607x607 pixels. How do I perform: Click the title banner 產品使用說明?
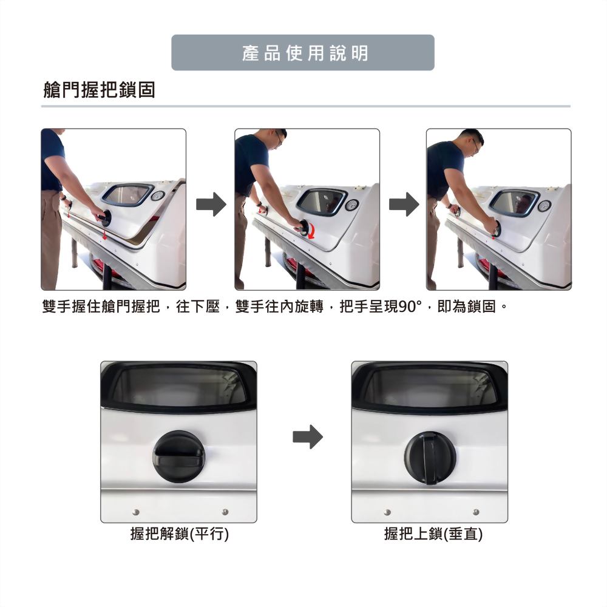click(x=303, y=53)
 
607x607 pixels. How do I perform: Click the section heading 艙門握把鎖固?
click(x=99, y=90)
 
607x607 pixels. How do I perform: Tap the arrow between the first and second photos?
click(x=211, y=204)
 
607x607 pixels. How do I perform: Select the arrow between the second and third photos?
click(x=404, y=204)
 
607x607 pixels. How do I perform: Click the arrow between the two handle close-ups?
click(x=307, y=437)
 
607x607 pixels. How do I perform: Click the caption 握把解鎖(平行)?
click(x=180, y=534)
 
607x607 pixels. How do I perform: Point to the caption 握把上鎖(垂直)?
click(x=433, y=534)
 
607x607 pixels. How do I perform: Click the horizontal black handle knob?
click(x=178, y=456)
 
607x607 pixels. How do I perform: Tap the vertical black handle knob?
click(x=430, y=458)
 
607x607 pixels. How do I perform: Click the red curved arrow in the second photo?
click(x=314, y=232)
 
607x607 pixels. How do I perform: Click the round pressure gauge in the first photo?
click(x=157, y=196)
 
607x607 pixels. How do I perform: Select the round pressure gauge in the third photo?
click(x=544, y=206)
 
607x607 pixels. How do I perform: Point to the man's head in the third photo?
click(x=472, y=143)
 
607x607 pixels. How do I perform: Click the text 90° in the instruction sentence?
click(x=410, y=307)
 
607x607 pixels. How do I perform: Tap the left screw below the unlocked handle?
click(x=135, y=512)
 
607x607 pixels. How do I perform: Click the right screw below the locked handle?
click(x=476, y=512)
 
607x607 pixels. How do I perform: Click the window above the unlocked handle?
click(x=178, y=385)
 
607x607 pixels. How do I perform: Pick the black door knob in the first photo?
click(x=104, y=217)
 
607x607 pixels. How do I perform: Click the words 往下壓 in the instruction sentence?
click(x=198, y=307)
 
